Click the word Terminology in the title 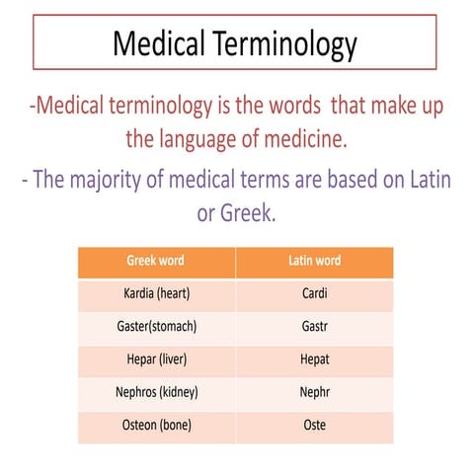pos(284,44)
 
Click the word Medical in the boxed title pos(159,43)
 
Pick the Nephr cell pos(315,393)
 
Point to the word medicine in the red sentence pos(306,138)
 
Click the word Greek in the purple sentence pos(248,212)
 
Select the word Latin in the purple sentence pos(431,180)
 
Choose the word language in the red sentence pos(197,140)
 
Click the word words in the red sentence pos(294,106)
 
